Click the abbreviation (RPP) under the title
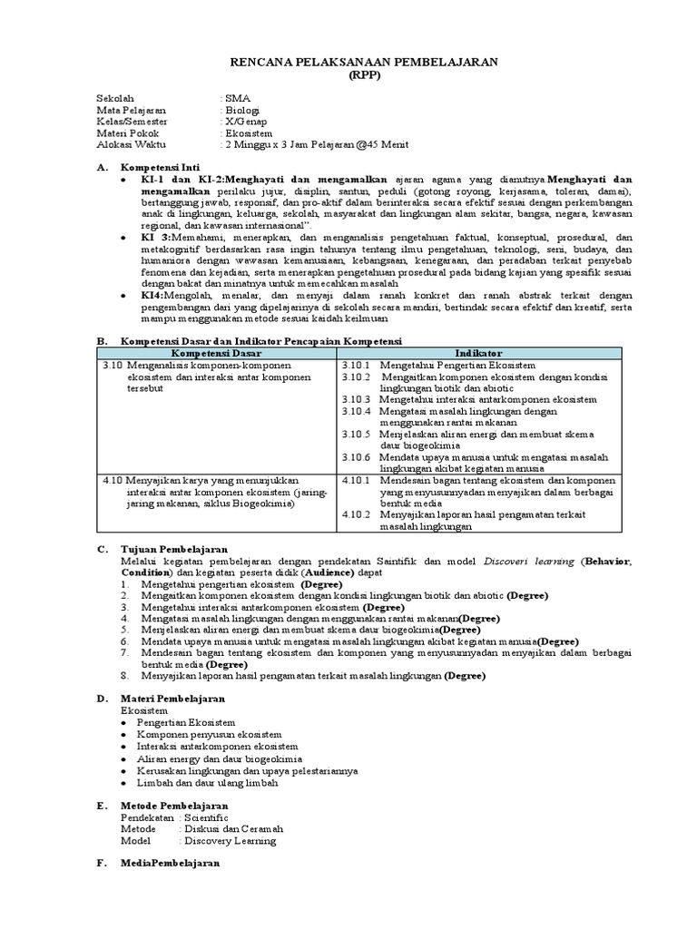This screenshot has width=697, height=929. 348,76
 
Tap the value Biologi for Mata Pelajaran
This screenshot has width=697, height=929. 242,110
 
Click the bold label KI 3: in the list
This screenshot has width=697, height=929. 156,236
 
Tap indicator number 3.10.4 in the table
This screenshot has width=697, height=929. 357,411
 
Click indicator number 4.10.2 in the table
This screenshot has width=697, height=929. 357,513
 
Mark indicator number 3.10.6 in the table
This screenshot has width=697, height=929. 357,457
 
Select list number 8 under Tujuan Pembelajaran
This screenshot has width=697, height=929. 125,676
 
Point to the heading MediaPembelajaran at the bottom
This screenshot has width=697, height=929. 171,864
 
